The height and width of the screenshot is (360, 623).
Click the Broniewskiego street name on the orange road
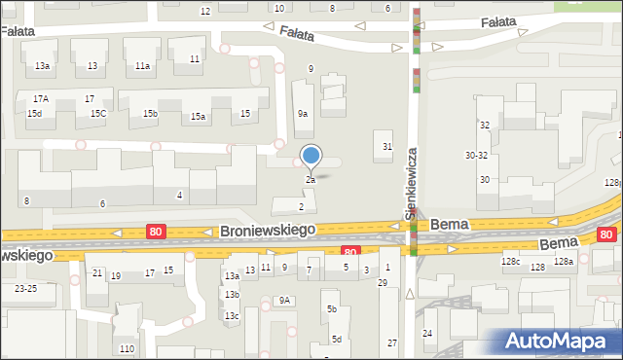[268, 231]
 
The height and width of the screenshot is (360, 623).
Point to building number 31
[387, 147]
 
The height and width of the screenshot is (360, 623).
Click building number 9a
[303, 114]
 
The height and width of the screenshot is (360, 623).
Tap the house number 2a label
[311, 180]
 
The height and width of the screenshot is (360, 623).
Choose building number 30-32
[476, 156]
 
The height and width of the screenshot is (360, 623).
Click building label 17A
[40, 99]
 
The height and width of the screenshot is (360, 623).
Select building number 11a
[142, 66]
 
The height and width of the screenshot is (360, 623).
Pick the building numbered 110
[126, 348]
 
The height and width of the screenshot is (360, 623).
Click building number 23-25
[25, 289]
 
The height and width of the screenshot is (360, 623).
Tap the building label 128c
[511, 263]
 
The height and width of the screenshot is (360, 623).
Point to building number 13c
[232, 316]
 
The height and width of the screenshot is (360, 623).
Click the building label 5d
[336, 339]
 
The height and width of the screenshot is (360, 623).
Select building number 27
[392, 342]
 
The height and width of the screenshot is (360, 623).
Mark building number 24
[427, 334]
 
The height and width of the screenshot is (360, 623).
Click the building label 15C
[98, 114]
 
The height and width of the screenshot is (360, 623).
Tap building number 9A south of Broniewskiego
[284, 301]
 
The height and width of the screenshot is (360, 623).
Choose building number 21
[96, 273]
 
